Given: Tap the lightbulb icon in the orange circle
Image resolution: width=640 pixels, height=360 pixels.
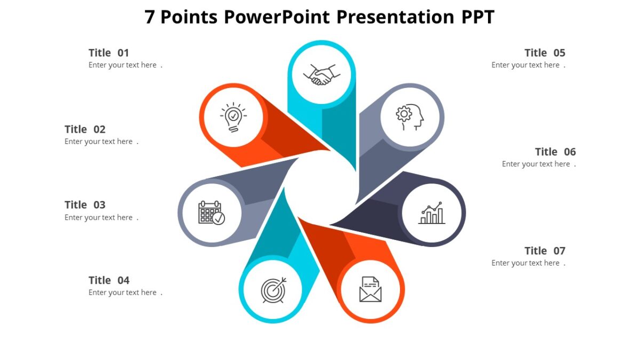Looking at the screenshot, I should [233, 117].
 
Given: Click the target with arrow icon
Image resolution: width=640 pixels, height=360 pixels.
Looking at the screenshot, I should [273, 290].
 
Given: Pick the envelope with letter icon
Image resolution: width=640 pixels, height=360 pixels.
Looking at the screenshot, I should [370, 289].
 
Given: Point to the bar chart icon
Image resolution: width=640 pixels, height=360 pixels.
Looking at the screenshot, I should [431, 213].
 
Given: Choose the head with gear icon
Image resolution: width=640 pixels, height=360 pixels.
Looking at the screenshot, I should [410, 117].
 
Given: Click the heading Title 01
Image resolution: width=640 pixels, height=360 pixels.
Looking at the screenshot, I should [109, 53].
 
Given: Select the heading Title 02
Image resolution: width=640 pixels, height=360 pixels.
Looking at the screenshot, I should [85, 129].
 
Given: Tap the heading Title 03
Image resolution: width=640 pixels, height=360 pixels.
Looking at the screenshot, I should [85, 205].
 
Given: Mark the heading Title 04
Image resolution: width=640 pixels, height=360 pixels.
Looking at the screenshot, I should [109, 281].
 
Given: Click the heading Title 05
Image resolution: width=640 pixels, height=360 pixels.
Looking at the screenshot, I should [545, 53].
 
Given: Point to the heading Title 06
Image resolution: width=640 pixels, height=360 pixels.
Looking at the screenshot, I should [555, 152].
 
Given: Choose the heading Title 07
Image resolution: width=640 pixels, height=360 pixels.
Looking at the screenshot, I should [545, 251].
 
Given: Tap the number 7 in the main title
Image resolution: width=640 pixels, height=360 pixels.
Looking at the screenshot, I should [150, 17].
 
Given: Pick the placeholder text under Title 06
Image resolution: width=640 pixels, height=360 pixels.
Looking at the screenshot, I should [536, 164].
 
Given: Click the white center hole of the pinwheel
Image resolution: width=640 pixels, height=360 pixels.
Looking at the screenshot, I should [320, 187].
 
